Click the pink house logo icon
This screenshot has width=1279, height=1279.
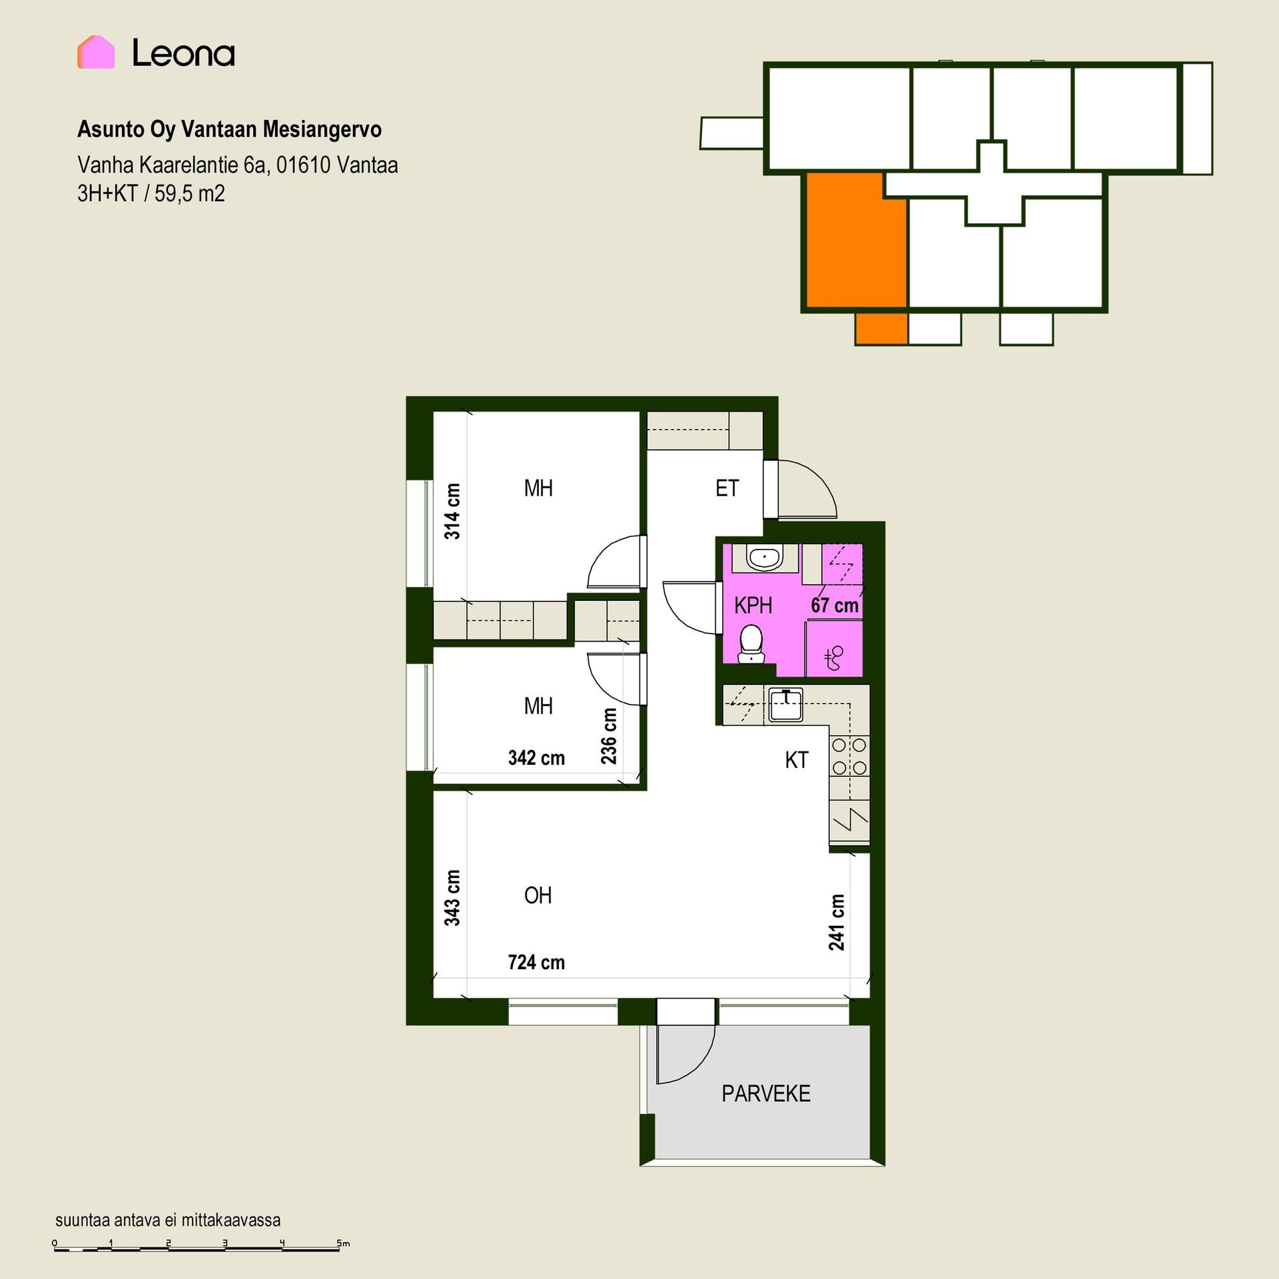click(x=96, y=52)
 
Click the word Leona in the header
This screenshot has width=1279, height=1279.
click(x=183, y=53)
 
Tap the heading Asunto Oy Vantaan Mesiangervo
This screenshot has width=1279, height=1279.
click(x=229, y=129)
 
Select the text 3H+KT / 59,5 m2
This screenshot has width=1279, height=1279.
click(x=151, y=194)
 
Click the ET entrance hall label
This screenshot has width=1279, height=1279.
click(x=727, y=488)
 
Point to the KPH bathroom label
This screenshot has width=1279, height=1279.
click(x=753, y=606)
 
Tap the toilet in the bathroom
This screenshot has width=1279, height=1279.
click(x=751, y=643)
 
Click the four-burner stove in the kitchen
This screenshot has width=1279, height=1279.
click(x=849, y=756)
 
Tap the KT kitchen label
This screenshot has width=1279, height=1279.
click(x=796, y=760)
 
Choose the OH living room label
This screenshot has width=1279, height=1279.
click(x=538, y=895)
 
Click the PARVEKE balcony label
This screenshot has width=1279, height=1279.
click(x=766, y=1094)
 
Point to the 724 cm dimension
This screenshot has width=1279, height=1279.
click(x=536, y=963)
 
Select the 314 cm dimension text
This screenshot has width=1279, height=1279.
click(x=452, y=512)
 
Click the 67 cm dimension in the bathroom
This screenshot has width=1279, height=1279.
click(x=835, y=606)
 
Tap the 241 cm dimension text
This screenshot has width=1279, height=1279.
click(x=837, y=923)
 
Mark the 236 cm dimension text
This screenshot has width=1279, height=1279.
click(x=609, y=736)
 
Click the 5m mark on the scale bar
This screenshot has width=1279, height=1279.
click(x=342, y=1243)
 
